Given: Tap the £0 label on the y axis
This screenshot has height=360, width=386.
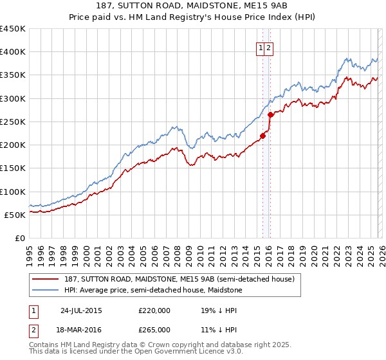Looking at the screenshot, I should point(19,238).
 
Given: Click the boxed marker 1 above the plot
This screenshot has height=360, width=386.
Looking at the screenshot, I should point(261,48).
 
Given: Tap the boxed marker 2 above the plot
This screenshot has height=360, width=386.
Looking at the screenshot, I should point(269,48).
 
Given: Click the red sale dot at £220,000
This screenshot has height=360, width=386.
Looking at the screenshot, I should point(262,136).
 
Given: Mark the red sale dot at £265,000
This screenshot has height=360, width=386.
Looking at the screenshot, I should point(270,115).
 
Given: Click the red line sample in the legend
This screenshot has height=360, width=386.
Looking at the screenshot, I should point(46,279).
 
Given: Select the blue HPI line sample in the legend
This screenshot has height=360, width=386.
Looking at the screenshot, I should point(46,291).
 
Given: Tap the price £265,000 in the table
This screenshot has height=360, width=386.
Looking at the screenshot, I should point(154,329).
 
